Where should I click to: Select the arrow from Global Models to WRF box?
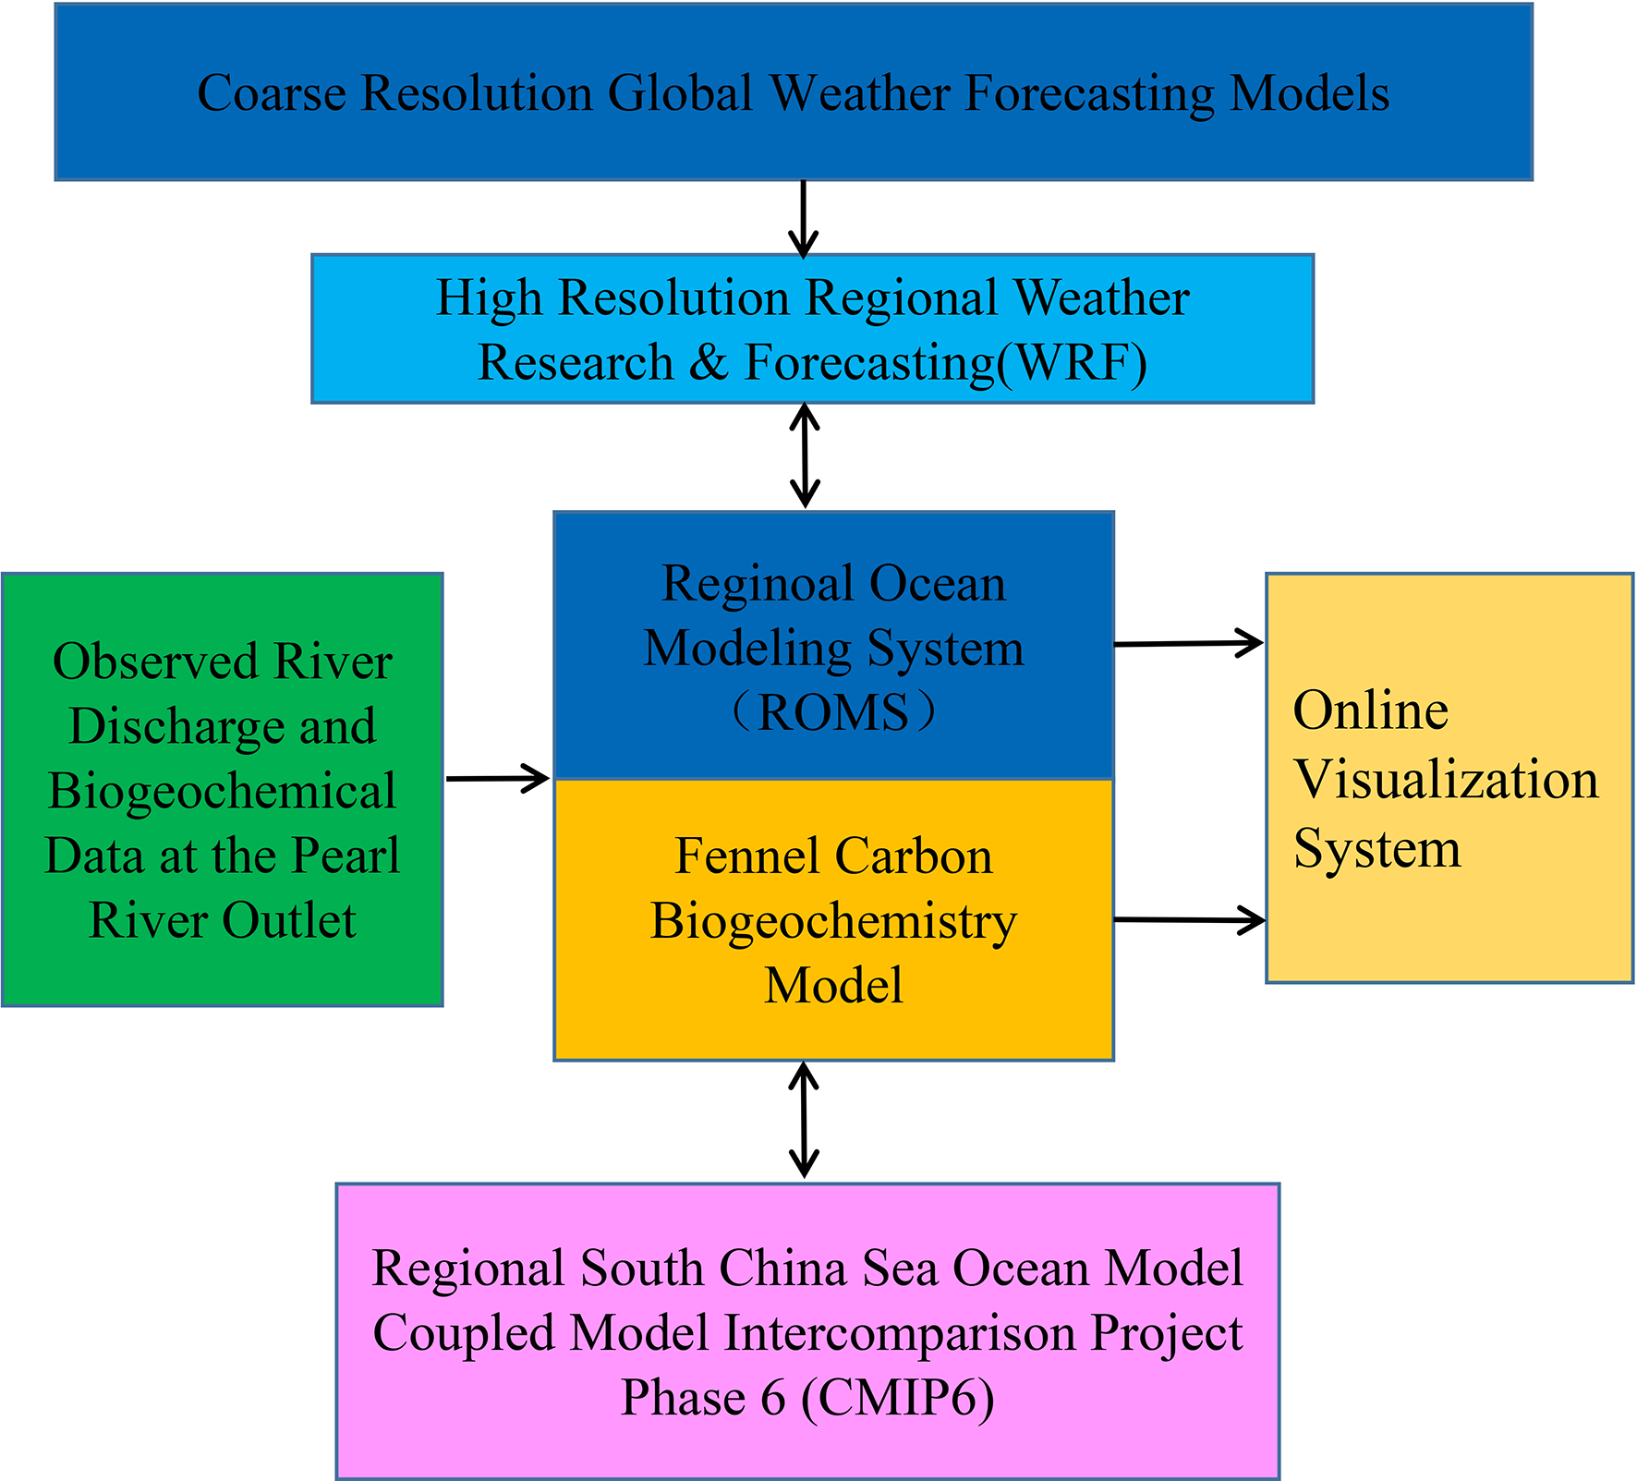point(804,218)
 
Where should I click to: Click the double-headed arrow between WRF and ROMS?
point(806,455)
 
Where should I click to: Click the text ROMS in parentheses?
point(833,712)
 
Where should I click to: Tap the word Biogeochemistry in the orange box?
point(833,921)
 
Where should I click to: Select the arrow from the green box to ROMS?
point(497,778)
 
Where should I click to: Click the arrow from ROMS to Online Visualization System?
point(1188,643)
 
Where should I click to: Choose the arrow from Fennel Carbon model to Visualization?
point(1189,919)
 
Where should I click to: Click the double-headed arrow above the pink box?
point(805,1120)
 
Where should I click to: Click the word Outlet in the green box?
point(289,920)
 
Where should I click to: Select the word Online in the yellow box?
point(1370,710)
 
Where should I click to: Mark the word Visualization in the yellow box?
point(1446,780)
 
